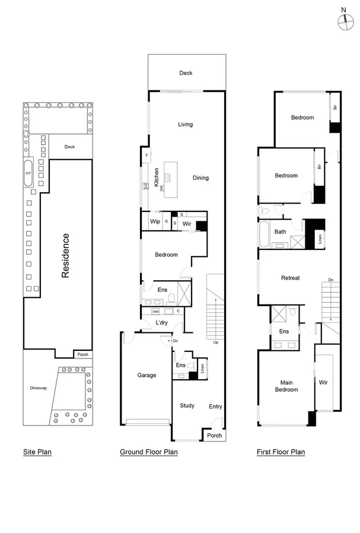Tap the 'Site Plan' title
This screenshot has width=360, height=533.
37,452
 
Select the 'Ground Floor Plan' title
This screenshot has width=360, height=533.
149,452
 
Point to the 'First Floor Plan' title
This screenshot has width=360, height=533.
281,452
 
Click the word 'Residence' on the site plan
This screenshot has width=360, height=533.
66,256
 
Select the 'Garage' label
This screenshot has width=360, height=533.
146,375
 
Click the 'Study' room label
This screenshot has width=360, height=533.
187,405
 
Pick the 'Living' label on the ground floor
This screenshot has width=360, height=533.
186,124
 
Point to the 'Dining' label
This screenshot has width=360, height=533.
200,177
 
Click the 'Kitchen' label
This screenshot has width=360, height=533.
157,178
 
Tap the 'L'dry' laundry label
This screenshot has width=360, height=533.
162,322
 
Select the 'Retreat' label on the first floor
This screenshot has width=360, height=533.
290,278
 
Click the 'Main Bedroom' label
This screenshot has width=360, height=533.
286,385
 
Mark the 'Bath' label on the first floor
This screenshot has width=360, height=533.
281,232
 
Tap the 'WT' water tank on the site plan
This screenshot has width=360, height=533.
27,173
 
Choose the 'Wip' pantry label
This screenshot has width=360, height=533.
155,221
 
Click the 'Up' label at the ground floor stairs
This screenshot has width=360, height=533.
215,342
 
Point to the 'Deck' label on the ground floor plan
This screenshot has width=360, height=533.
186,73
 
